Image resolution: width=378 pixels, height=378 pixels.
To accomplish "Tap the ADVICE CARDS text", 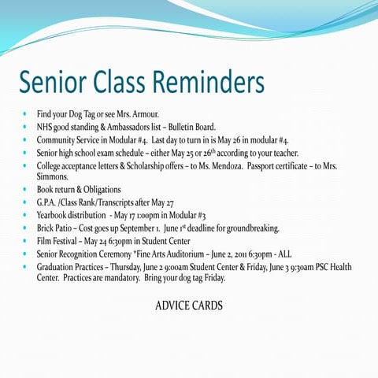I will (x=188, y=305).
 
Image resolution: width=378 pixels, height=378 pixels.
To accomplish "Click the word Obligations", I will (x=101, y=190).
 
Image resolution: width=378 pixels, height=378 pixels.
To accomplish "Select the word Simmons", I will (x=54, y=177).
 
